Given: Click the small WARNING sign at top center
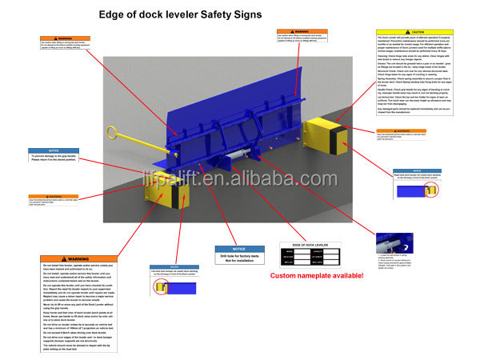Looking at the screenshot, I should [x=301, y=35].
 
